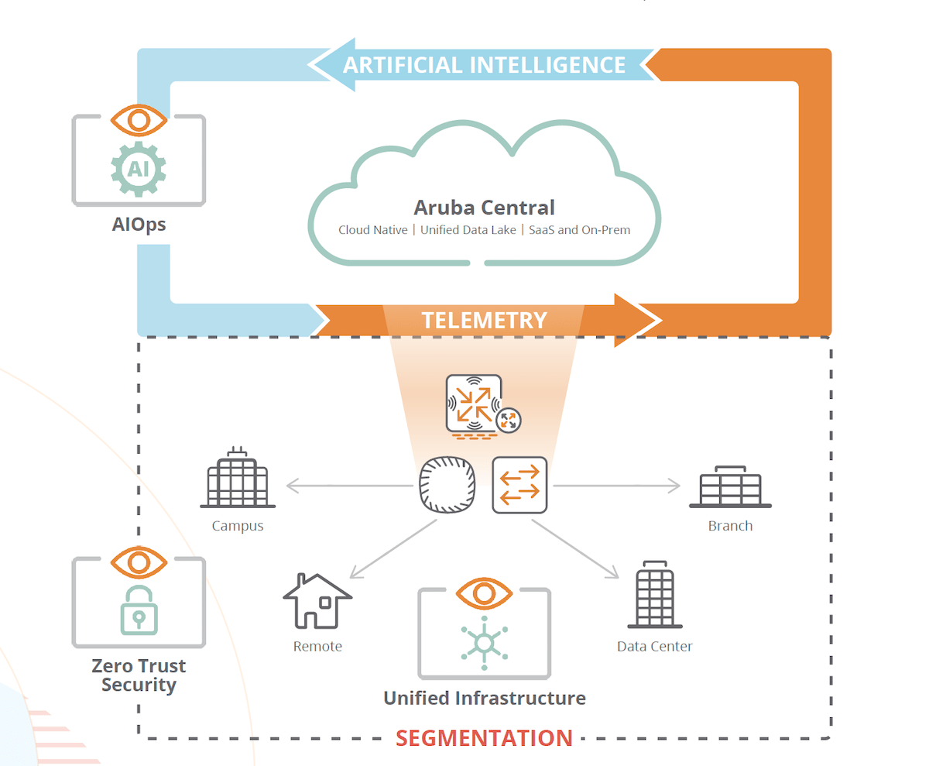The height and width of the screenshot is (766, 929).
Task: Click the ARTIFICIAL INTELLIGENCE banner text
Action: click(484, 64)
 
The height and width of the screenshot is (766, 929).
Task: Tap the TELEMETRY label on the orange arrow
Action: click(484, 320)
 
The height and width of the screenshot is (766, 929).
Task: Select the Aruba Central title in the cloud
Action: click(484, 208)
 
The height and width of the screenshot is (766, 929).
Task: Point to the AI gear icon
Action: click(139, 168)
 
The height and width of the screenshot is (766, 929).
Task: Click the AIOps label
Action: click(139, 225)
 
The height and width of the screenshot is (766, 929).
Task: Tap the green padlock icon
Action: click(139, 609)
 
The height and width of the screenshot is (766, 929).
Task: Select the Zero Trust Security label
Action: click(139, 675)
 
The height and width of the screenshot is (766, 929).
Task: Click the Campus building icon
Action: click(238, 479)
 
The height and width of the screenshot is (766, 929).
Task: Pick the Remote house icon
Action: click(317, 601)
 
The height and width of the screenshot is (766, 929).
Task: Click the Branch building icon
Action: click(730, 487)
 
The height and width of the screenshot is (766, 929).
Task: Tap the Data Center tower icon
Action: click(654, 595)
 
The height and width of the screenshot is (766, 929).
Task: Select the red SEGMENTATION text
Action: click(484, 737)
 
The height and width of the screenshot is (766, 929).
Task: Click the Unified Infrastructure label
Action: click(484, 698)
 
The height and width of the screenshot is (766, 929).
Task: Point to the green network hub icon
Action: click(484, 643)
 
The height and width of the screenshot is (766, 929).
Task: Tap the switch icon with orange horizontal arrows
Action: click(519, 485)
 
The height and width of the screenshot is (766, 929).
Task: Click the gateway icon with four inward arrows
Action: click(474, 403)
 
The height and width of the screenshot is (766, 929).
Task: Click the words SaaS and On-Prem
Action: click(579, 230)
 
